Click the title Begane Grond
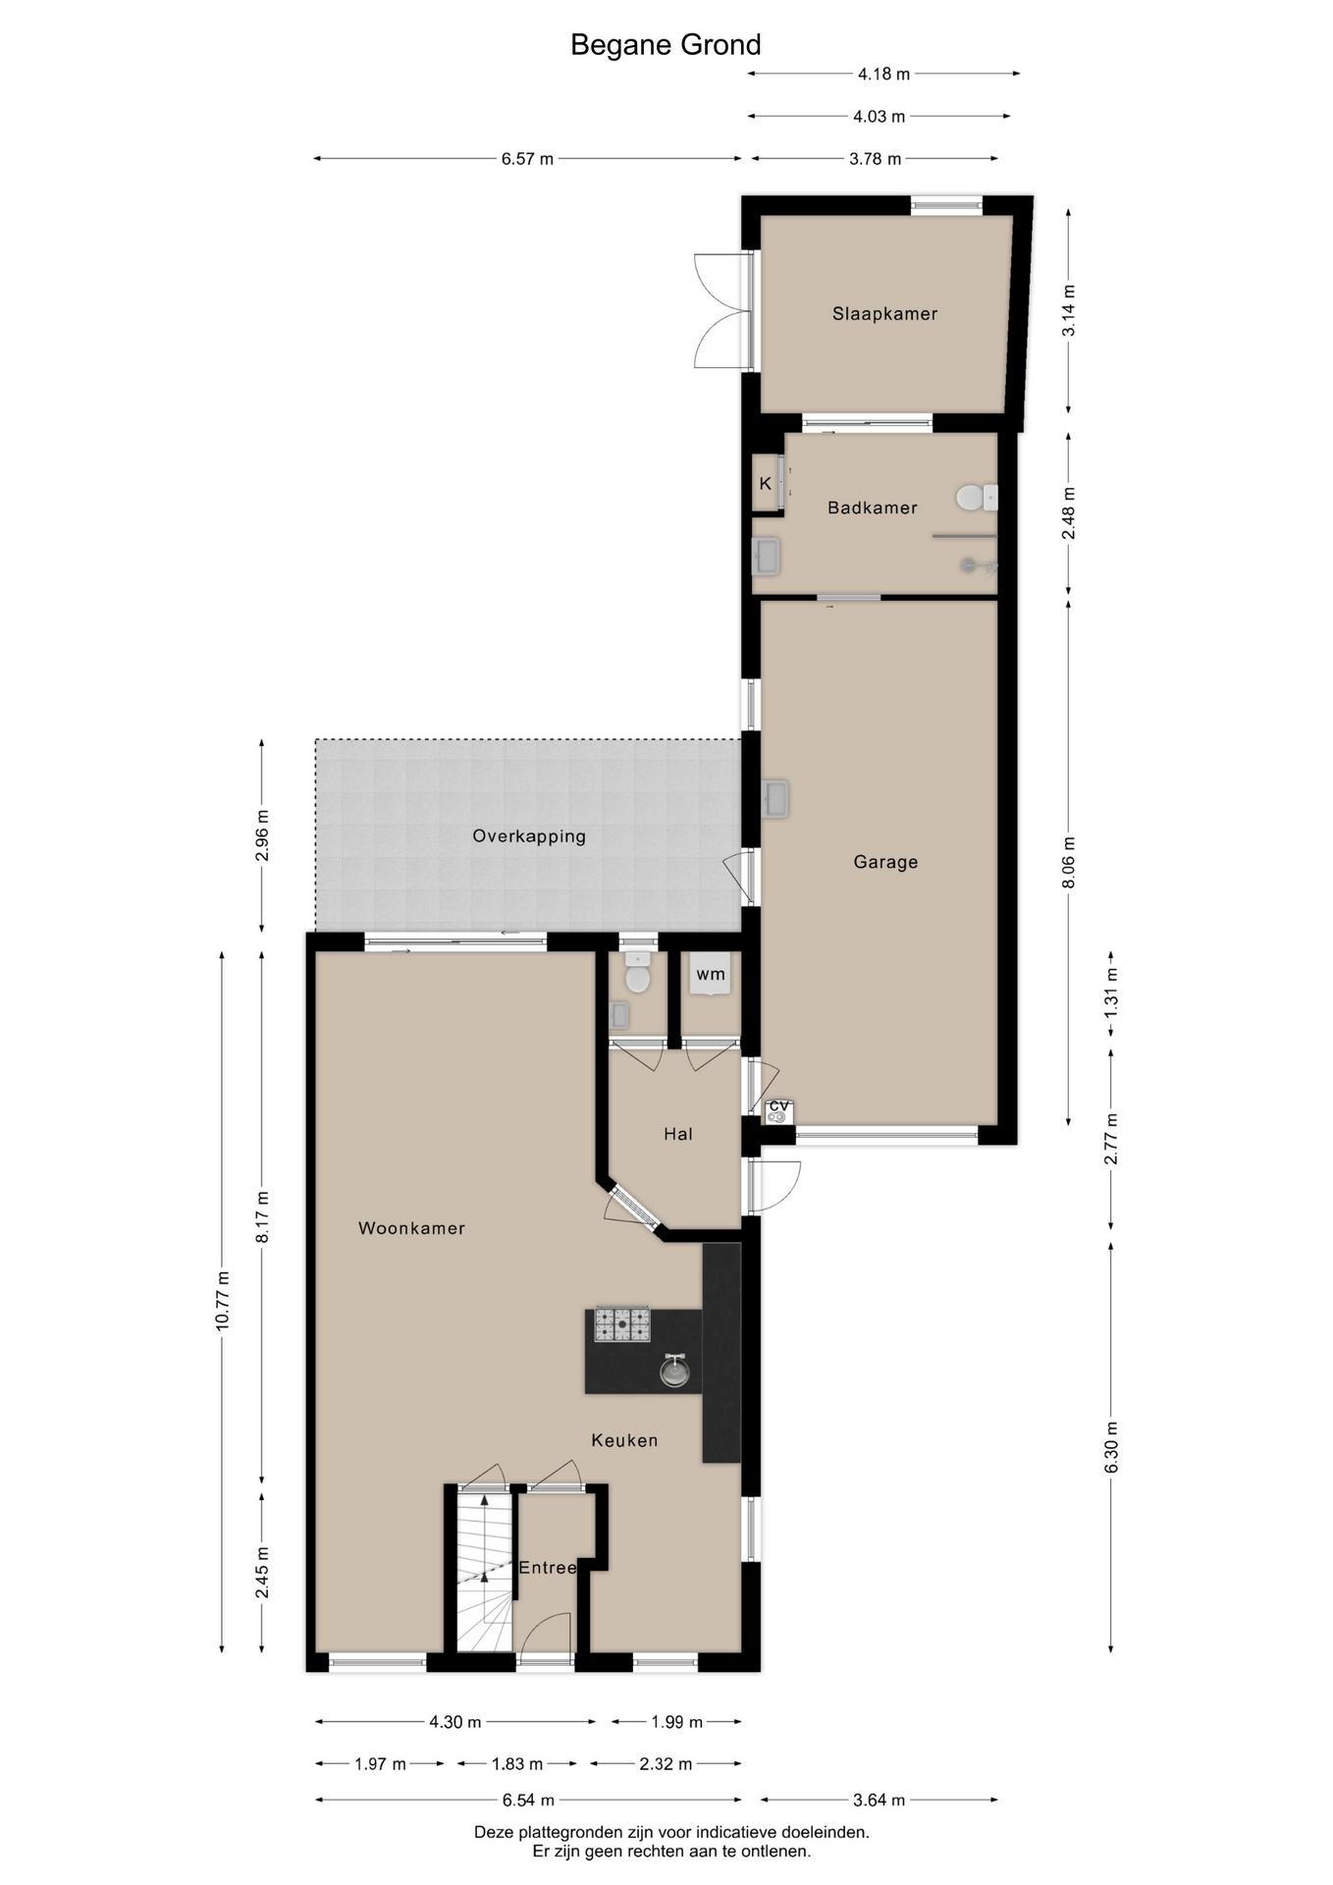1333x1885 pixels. click(666, 45)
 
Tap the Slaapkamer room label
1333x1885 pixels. click(884, 314)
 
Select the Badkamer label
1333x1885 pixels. click(872, 508)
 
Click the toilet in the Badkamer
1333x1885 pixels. click(973, 498)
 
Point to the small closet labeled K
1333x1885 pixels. click(766, 483)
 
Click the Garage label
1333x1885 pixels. click(885, 862)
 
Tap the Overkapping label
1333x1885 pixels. click(529, 836)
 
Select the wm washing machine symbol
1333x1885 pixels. click(711, 974)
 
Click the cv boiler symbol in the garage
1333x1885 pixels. click(778, 1110)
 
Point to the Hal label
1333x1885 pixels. click(678, 1134)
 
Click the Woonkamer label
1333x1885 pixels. click(411, 1228)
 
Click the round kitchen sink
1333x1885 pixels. click(674, 1371)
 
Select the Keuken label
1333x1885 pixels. click(624, 1440)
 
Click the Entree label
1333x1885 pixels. click(547, 1568)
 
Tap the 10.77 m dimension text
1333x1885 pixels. click(223, 1301)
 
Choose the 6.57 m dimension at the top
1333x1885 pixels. click(527, 159)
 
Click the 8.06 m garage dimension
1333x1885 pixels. click(1069, 863)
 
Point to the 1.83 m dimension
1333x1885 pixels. click(517, 1764)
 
